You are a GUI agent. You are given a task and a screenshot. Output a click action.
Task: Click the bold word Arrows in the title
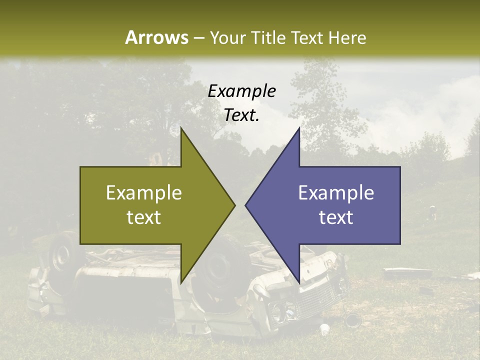pyautogui.click(x=157, y=37)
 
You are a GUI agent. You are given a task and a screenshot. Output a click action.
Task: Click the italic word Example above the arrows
pyautogui.click(x=242, y=91)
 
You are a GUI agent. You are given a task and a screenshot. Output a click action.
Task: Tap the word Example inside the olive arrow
pyautogui.click(x=144, y=193)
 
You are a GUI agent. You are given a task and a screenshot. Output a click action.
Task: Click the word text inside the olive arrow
pyautogui.click(x=144, y=217)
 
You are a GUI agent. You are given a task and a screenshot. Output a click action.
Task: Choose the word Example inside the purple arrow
pyautogui.click(x=336, y=193)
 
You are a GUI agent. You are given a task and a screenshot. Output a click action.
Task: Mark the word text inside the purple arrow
pyautogui.click(x=336, y=217)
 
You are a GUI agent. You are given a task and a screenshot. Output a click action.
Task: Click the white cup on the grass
pyautogui.click(x=324, y=329)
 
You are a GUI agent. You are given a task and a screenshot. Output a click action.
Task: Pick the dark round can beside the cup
pyautogui.click(x=352, y=318)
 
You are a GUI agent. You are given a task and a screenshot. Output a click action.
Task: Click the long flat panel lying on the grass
pyautogui.click(x=407, y=273)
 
